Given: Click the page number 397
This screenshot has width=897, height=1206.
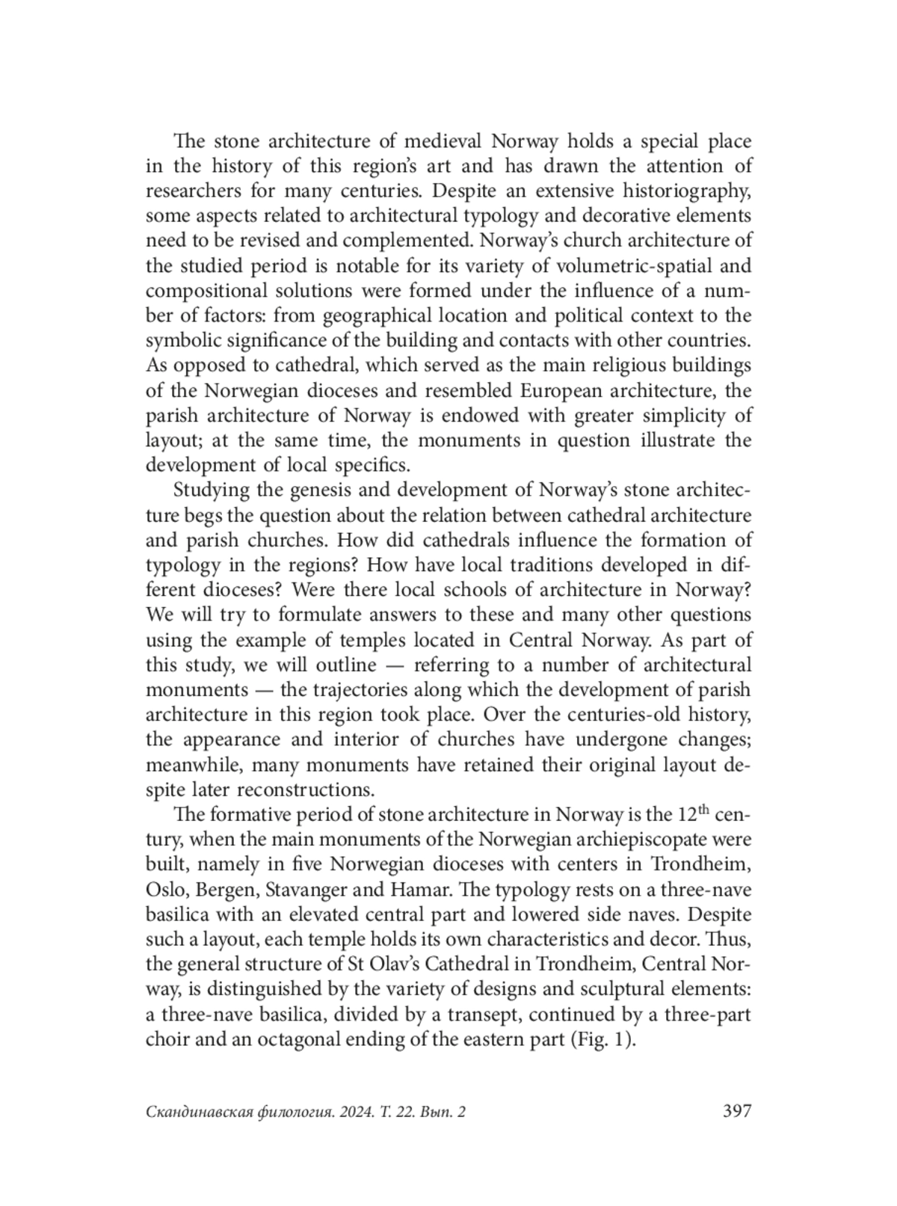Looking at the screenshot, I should pos(736,1111).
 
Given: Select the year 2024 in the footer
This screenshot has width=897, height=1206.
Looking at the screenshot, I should pos(354,1113).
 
